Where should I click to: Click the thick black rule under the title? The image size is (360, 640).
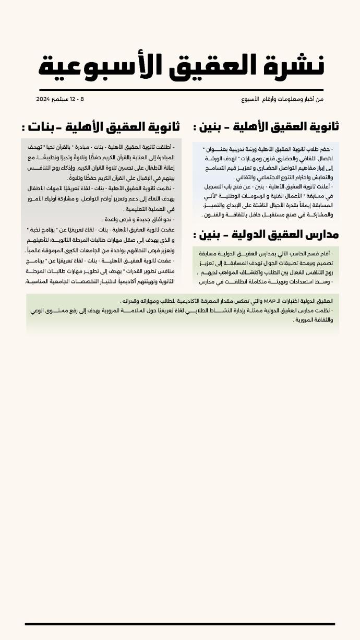[x=181, y=90]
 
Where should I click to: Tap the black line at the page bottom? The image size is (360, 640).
[x=180, y=624]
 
